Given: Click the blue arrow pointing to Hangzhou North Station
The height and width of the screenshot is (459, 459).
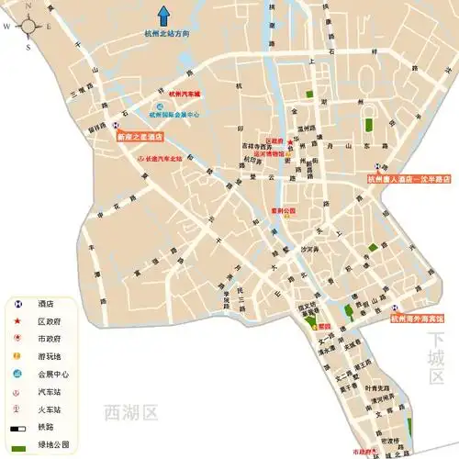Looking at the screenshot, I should click(164, 15).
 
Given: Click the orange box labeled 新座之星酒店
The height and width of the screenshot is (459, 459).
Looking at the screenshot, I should click(140, 136).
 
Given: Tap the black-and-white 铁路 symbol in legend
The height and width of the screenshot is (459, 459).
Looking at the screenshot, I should click(18, 429).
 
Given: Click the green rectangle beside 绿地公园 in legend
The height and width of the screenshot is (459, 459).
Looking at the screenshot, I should click(18, 446).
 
